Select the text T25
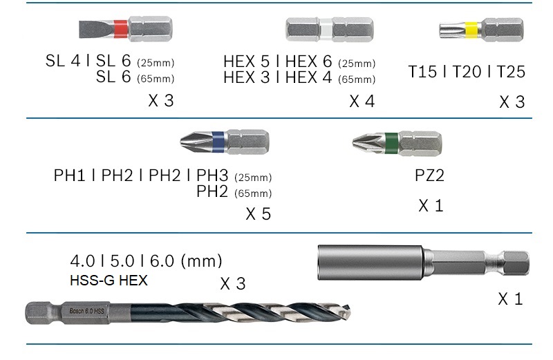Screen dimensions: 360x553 point(509,72)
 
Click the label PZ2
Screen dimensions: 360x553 point(429,176)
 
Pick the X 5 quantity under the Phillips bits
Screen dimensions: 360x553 point(258,214)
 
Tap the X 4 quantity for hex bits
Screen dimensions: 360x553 point(362,102)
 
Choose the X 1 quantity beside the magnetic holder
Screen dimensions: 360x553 point(510,299)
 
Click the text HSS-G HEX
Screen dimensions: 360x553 point(109,281)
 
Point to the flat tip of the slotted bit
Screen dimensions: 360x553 point(81,29)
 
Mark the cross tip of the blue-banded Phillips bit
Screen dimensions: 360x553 point(185,142)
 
